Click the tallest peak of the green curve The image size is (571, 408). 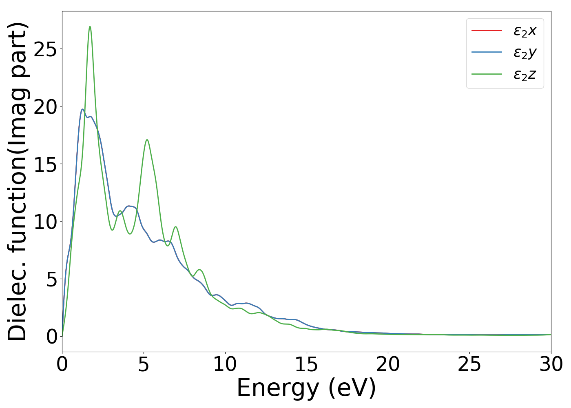tap(90, 27)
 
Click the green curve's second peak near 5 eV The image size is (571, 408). tap(147, 140)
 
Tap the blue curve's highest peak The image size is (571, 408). tap(82, 109)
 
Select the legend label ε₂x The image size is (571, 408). tap(525, 31)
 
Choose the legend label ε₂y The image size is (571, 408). tap(525, 53)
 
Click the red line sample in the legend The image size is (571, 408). tap(487, 30)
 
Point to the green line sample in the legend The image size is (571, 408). tap(487, 74)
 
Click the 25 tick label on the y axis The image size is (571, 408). tap(46, 49)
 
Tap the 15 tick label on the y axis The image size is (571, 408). tap(46, 164)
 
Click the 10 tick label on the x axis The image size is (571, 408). tap(225, 364)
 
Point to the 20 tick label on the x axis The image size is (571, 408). tap(388, 364)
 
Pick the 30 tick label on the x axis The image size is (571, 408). tap(551, 364)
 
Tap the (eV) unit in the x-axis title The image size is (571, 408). tap(352, 388)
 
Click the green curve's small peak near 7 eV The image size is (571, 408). tap(175, 227)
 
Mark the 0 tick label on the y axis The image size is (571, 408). tap(52, 337)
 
